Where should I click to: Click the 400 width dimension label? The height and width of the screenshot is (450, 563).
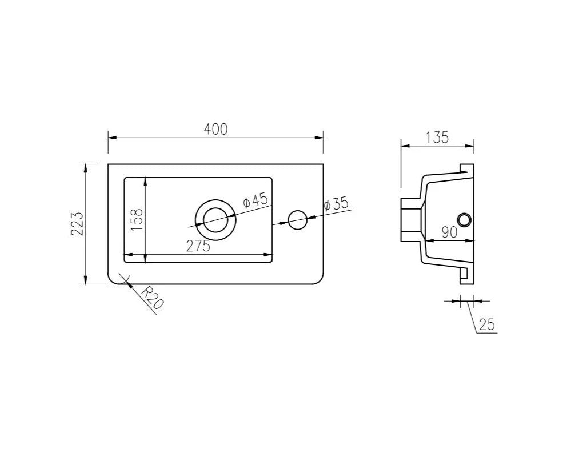tap(215, 130)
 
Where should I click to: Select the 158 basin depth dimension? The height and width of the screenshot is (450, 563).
tap(137, 219)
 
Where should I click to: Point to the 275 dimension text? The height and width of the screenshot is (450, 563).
tap(198, 246)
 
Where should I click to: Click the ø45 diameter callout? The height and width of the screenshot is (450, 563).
tap(255, 200)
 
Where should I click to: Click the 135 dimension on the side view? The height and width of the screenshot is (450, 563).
tap(437, 138)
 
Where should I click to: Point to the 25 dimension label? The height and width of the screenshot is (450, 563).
tap(486, 324)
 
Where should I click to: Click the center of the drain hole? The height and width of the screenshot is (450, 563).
tap(215, 219)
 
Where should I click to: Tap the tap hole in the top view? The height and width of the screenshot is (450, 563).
tap(298, 219)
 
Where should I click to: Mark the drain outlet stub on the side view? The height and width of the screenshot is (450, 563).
tap(410, 219)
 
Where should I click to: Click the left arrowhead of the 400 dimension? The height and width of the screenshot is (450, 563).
tap(112, 138)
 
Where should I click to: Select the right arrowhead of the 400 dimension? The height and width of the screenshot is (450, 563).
tap(320, 138)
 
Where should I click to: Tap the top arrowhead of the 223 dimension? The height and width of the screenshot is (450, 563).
tap(86, 167)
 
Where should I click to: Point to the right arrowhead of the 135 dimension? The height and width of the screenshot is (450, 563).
tap(470, 146)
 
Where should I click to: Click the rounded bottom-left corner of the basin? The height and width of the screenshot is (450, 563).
tap(112, 280)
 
